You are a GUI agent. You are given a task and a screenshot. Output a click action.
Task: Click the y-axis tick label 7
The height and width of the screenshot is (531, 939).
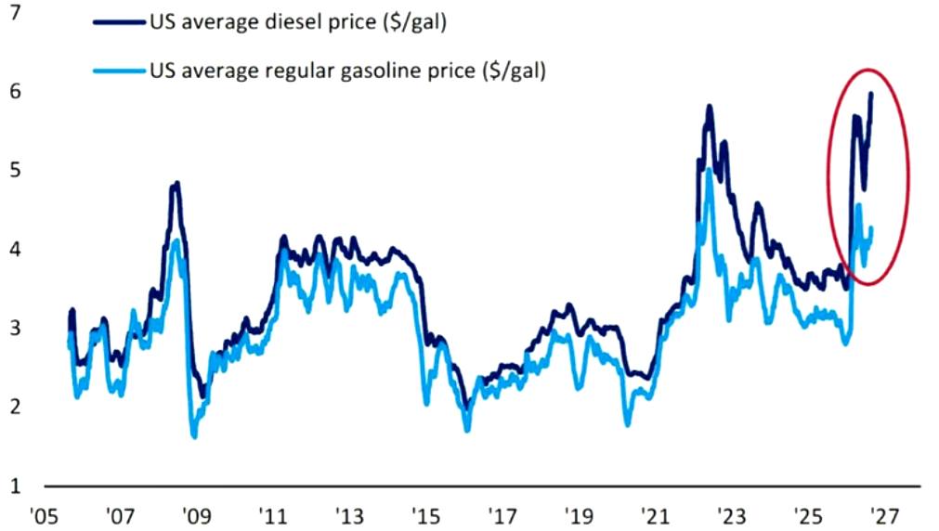pyautogui.click(x=15, y=12)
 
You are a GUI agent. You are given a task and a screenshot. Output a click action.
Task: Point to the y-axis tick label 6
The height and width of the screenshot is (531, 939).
pyautogui.click(x=15, y=91)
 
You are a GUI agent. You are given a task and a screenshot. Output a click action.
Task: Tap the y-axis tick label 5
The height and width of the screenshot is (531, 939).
pyautogui.click(x=15, y=170)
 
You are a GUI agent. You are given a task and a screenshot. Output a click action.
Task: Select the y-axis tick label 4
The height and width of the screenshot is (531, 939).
pyautogui.click(x=15, y=249)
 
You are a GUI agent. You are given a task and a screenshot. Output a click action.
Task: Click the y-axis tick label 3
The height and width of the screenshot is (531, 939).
pyautogui.click(x=15, y=328)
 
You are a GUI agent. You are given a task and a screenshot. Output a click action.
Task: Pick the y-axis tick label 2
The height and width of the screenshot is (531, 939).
pyautogui.click(x=15, y=407)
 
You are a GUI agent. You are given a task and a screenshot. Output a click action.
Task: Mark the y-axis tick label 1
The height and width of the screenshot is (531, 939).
pyautogui.click(x=15, y=486)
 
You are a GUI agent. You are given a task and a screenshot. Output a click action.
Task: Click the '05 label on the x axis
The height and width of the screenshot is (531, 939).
pyautogui.click(x=44, y=515)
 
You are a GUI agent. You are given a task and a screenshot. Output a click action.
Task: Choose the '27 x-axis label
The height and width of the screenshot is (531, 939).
pyautogui.click(x=884, y=515)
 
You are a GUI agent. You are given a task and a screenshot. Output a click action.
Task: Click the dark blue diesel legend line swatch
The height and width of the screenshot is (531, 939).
pyautogui.click(x=119, y=23)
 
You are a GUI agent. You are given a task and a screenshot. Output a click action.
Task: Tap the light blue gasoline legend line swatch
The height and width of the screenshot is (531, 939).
pyautogui.click(x=119, y=71)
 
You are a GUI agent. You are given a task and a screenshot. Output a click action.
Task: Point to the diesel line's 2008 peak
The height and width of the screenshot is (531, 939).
pyautogui.click(x=176, y=183)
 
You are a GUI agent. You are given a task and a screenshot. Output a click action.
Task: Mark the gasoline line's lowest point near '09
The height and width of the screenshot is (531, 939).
pyautogui.click(x=194, y=435)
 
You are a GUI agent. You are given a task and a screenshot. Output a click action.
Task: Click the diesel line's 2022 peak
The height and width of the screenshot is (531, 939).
pyautogui.click(x=710, y=107)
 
